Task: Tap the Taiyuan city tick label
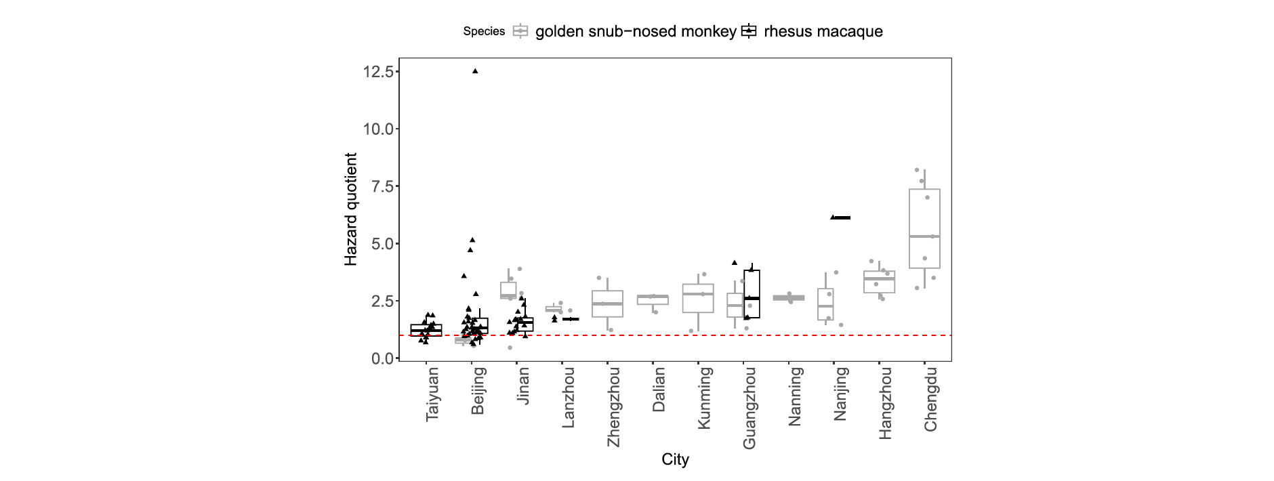[x=432, y=394]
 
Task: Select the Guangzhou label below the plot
[x=749, y=407]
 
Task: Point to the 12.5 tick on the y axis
[x=379, y=72]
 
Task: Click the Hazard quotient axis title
[x=350, y=209]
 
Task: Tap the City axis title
[x=675, y=460]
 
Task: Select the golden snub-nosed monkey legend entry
[x=636, y=31]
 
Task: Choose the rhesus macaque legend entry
[x=823, y=31]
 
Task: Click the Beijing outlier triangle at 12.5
[x=475, y=71]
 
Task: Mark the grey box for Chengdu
[x=924, y=228]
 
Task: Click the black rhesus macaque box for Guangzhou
[x=752, y=294]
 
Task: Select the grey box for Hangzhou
[x=879, y=282]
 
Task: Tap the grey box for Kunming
[x=698, y=298]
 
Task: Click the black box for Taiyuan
[x=426, y=330]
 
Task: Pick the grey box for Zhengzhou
[x=607, y=304]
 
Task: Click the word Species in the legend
[x=484, y=31]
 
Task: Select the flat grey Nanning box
[x=789, y=298]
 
